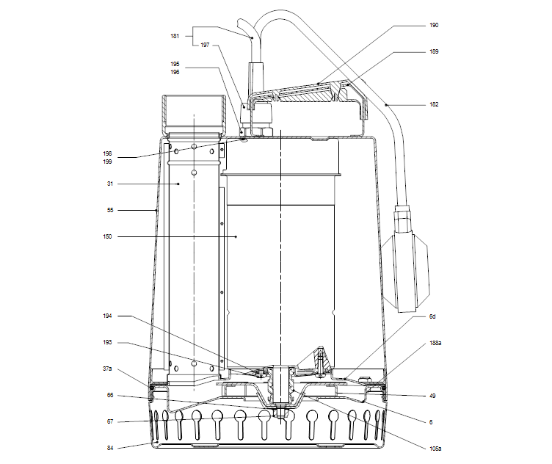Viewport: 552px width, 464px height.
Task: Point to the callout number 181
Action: tap(175, 35)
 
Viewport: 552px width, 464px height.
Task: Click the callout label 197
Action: tap(204, 45)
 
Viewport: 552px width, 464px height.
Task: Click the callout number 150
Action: tap(109, 236)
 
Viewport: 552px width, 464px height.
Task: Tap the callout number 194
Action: tap(109, 316)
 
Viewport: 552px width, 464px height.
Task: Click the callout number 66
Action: tap(109, 396)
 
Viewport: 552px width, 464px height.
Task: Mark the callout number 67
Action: tap(109, 421)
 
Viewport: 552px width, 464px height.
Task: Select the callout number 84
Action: tap(109, 446)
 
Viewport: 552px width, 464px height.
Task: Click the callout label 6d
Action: tap(433, 316)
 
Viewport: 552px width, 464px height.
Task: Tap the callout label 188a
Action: tap(435, 343)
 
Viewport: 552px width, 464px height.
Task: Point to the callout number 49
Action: tap(433, 396)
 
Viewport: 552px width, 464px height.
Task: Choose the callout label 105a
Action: tap(435, 447)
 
